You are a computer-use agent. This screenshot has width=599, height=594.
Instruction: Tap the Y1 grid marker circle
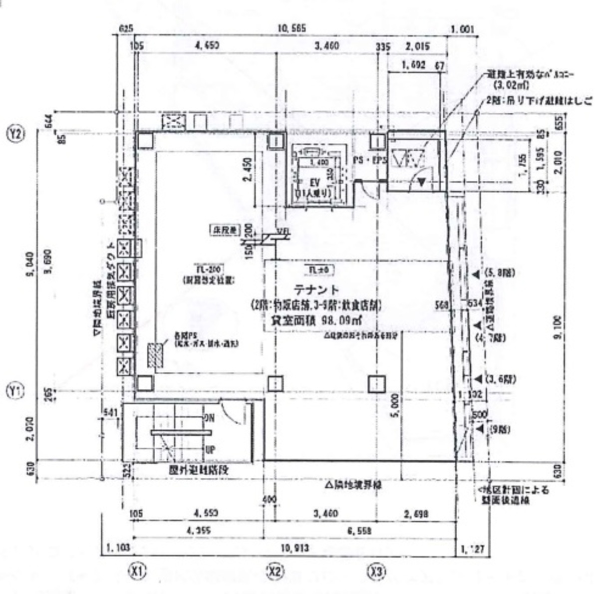point(15,391)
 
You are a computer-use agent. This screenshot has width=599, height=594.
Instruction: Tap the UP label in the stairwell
point(210,450)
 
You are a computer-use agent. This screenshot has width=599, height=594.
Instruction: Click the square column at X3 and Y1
point(376,384)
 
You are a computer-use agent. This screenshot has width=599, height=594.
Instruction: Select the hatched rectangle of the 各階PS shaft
point(155,356)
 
